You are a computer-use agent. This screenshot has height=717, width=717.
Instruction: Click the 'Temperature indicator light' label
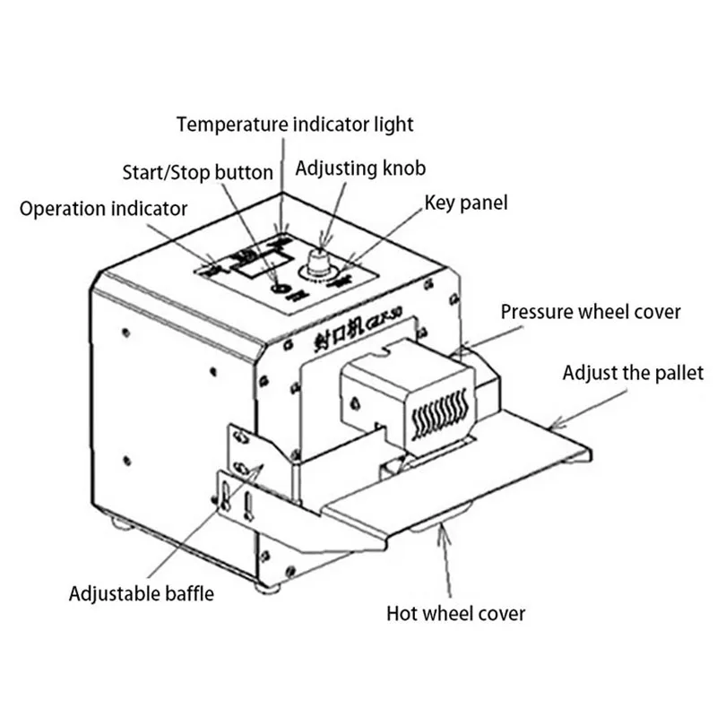(x=295, y=123)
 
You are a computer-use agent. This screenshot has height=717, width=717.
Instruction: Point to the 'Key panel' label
(x=465, y=203)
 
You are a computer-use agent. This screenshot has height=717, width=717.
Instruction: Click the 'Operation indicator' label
(x=103, y=209)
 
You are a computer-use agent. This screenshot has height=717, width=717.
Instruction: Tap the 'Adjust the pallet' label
(x=633, y=372)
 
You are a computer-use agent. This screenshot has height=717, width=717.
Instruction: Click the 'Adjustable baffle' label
(x=142, y=592)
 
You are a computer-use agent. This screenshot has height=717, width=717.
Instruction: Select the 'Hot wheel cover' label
(x=455, y=614)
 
